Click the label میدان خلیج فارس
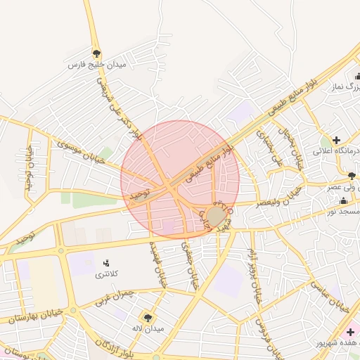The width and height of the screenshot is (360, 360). (x=96, y=65)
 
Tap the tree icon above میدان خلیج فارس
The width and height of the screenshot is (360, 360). (x=96, y=53)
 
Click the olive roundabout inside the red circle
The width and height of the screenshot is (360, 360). (x=216, y=215)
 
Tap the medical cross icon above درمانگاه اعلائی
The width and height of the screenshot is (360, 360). (x=337, y=139)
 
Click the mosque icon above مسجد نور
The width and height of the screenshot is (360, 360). (x=343, y=200)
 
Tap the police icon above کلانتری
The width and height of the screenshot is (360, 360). (x=107, y=262)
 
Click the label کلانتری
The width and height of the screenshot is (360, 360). (x=107, y=274)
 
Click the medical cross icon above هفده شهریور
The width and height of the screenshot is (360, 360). (x=350, y=331)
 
